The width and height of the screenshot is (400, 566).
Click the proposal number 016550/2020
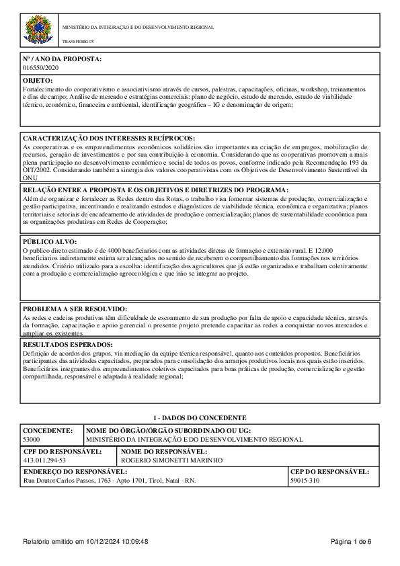[41, 68]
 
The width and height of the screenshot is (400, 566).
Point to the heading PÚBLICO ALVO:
[50, 241]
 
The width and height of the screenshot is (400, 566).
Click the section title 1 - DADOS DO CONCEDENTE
[200, 417]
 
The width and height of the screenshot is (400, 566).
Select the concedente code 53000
[32, 438]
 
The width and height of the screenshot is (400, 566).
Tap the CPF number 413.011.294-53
[44, 460]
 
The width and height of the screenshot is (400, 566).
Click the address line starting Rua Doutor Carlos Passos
[110, 481]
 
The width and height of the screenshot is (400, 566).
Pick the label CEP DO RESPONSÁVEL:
[329, 472]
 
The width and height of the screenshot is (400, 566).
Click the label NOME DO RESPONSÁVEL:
[164, 451]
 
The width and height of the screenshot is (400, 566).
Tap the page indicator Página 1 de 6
[352, 542]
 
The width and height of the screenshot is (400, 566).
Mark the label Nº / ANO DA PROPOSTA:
[62, 59]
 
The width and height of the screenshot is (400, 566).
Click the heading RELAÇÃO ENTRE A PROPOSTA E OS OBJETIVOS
[155, 190]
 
